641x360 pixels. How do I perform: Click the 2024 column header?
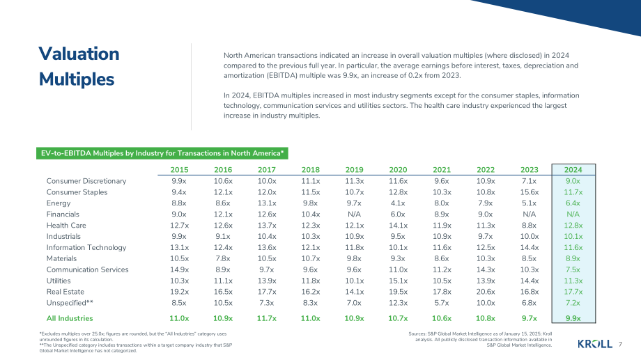pyautogui.click(x=573, y=170)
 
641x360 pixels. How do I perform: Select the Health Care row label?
pyautogui.click(x=66, y=225)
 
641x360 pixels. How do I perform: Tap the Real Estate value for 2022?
pyautogui.click(x=486, y=292)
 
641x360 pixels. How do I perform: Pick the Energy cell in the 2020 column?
pyautogui.click(x=398, y=203)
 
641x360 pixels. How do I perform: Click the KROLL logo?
pyautogui.click(x=595, y=344)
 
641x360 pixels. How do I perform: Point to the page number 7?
pyautogui.click(x=620, y=344)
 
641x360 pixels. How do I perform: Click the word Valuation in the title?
pyautogui.click(x=79, y=54)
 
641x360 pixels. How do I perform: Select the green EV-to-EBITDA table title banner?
pyautogui.click(x=162, y=153)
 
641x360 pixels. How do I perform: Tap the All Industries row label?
pyautogui.click(x=70, y=318)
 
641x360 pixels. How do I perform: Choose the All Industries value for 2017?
pyautogui.click(x=267, y=318)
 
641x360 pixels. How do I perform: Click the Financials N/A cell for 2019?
pyautogui.click(x=354, y=214)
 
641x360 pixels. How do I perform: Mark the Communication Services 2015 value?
pyautogui.click(x=179, y=269)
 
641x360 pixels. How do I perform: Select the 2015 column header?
pyautogui.click(x=179, y=170)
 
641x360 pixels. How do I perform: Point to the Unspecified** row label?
pyautogui.click(x=70, y=303)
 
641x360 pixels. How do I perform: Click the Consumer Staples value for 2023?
pyautogui.click(x=529, y=192)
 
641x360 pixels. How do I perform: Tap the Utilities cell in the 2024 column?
pyautogui.click(x=573, y=281)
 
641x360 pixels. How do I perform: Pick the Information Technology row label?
pyautogui.click(x=86, y=248)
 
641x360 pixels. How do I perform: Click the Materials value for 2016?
pyautogui.click(x=223, y=258)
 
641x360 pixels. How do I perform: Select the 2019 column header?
pyautogui.click(x=354, y=170)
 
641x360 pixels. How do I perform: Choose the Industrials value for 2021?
pyautogui.click(x=442, y=236)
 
